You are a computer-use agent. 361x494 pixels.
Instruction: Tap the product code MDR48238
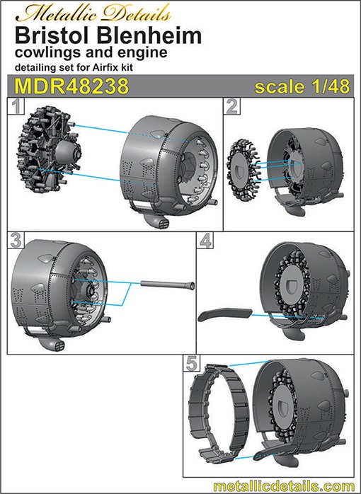pyautogui.click(x=71, y=86)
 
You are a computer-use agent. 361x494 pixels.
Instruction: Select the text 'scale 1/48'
pyautogui.click(x=302, y=86)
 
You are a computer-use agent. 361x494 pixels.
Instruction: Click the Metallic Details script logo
pyautogui.click(x=93, y=14)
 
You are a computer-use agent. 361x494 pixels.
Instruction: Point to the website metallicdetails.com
pyautogui.click(x=284, y=486)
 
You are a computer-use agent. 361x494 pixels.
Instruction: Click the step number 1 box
pyautogui.click(x=16, y=106)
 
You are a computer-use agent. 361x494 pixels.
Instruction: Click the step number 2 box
pyautogui.click(x=232, y=106)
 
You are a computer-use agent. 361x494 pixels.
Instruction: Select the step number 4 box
pyautogui.click(x=205, y=241)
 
